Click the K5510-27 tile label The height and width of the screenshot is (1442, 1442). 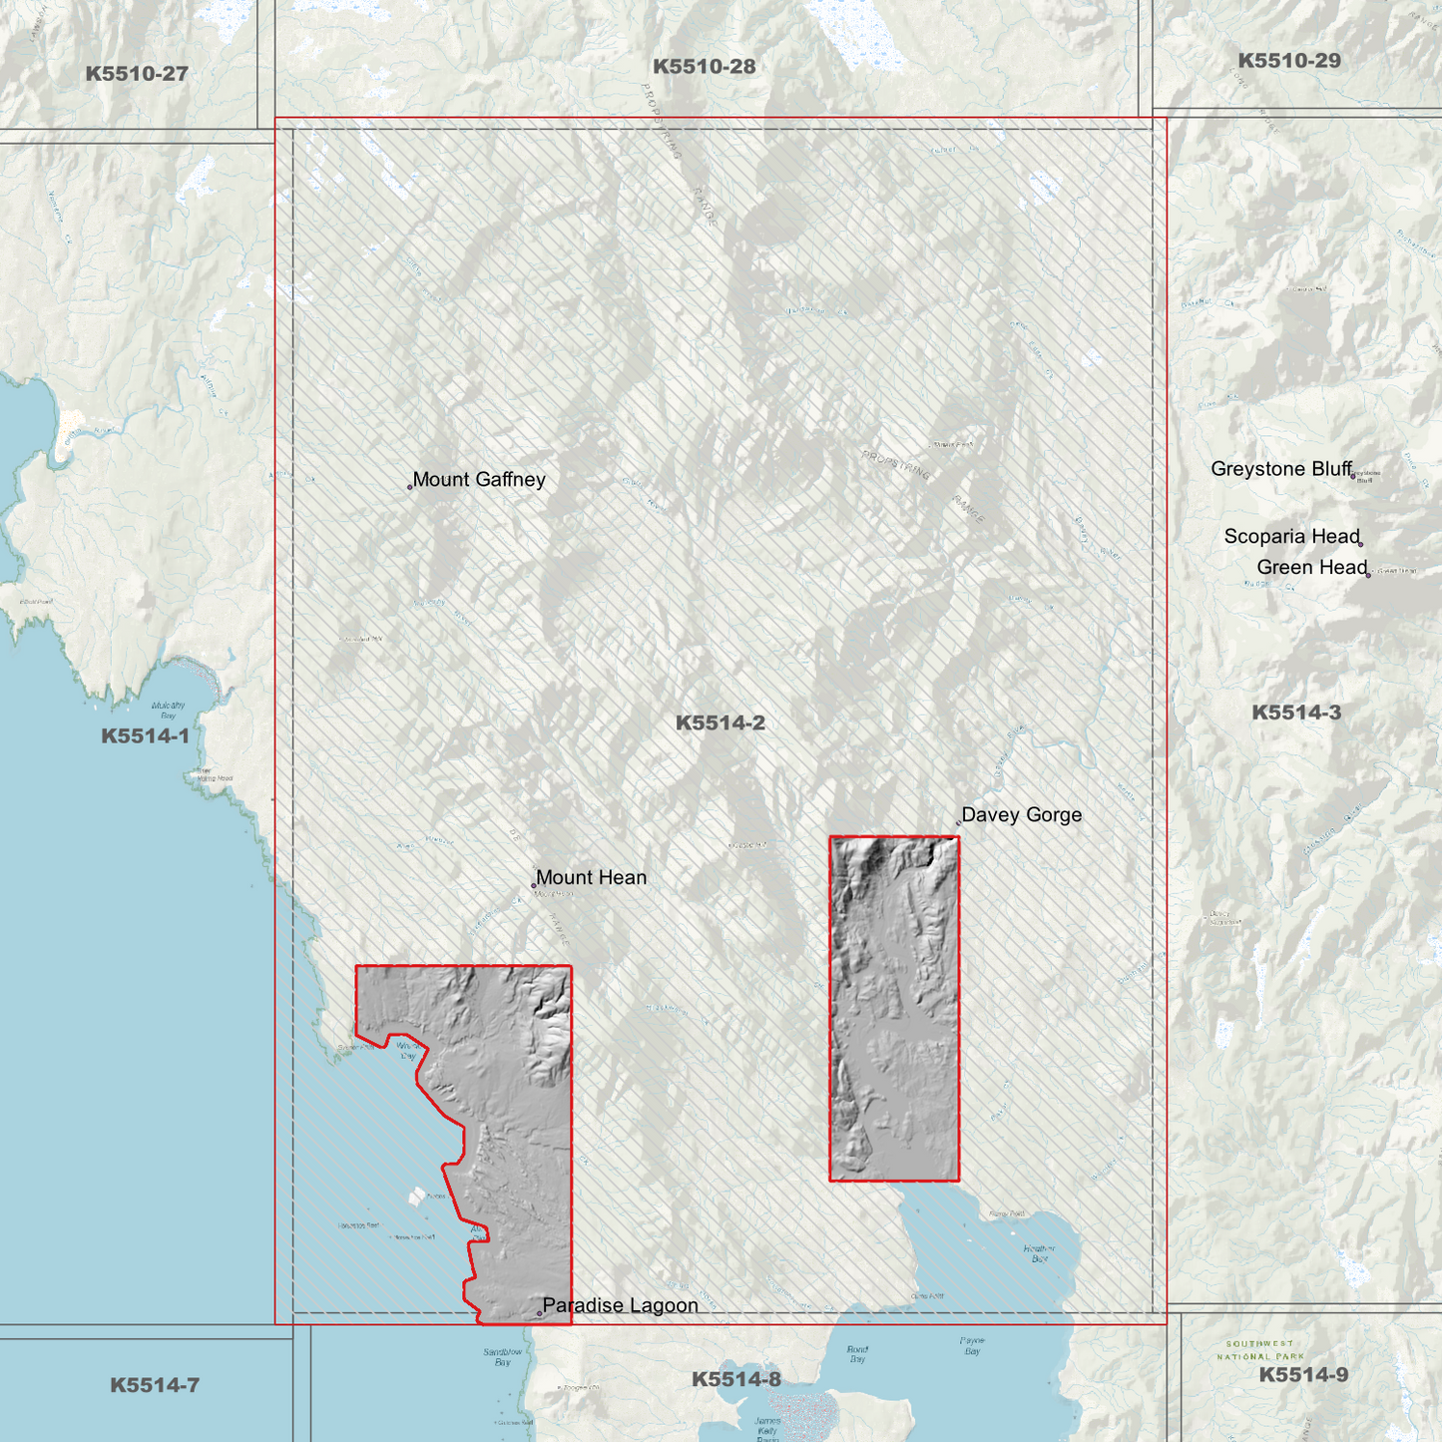tap(137, 74)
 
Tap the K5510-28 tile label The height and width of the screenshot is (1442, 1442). tap(704, 67)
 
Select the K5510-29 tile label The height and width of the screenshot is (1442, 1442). tap(1289, 61)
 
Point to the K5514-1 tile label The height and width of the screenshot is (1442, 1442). tap(145, 736)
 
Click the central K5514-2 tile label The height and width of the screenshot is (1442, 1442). tap(721, 723)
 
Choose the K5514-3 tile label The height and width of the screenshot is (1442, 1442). tap(1296, 713)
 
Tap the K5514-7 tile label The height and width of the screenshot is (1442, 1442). tap(155, 1385)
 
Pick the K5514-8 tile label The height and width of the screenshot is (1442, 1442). tap(736, 1379)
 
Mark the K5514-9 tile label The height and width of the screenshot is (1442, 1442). tap(1303, 1375)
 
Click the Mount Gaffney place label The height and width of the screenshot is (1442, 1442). tap(479, 480)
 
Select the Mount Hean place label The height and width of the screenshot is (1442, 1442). tap(591, 878)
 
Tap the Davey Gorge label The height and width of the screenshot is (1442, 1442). tap(1021, 815)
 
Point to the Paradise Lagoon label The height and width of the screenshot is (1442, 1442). tap(620, 1305)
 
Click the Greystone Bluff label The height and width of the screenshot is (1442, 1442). tap(1281, 469)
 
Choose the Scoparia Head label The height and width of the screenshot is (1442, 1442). tap(1291, 537)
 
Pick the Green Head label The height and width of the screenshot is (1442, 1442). tap(1311, 568)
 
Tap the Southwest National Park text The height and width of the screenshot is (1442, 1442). tap(1259, 1350)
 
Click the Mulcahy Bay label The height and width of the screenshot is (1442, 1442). tap(168, 711)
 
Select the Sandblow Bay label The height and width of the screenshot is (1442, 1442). tap(503, 1357)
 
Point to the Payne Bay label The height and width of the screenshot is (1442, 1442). tap(972, 1346)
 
